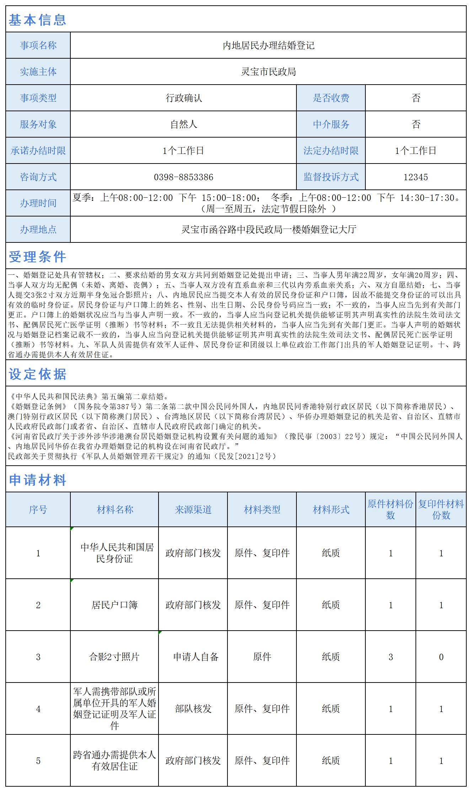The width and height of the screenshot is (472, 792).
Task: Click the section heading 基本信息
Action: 37,20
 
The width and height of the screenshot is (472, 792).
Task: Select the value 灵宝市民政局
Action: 268,72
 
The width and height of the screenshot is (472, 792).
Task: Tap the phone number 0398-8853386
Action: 183,177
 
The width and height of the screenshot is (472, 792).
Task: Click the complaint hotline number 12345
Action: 415,177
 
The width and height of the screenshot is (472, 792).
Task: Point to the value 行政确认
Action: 183,98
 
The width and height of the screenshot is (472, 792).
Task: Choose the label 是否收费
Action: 331,98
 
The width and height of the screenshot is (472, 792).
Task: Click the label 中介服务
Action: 331,124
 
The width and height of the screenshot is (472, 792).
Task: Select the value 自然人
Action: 183,124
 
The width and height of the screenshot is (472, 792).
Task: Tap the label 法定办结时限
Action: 331,151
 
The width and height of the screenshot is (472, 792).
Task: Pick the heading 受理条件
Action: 37,257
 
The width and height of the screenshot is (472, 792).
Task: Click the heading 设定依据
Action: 37,374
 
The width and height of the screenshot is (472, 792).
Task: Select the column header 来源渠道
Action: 193,510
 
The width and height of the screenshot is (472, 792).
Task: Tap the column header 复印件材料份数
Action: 441,510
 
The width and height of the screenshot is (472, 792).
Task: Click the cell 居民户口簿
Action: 114,605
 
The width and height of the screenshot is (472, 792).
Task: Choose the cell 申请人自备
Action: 195,657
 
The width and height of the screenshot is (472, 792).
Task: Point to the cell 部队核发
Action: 193,709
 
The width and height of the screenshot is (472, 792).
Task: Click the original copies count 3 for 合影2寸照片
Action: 391,657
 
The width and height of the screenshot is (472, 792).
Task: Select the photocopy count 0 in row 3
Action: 441,657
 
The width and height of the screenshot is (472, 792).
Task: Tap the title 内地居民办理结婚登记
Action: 268,46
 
